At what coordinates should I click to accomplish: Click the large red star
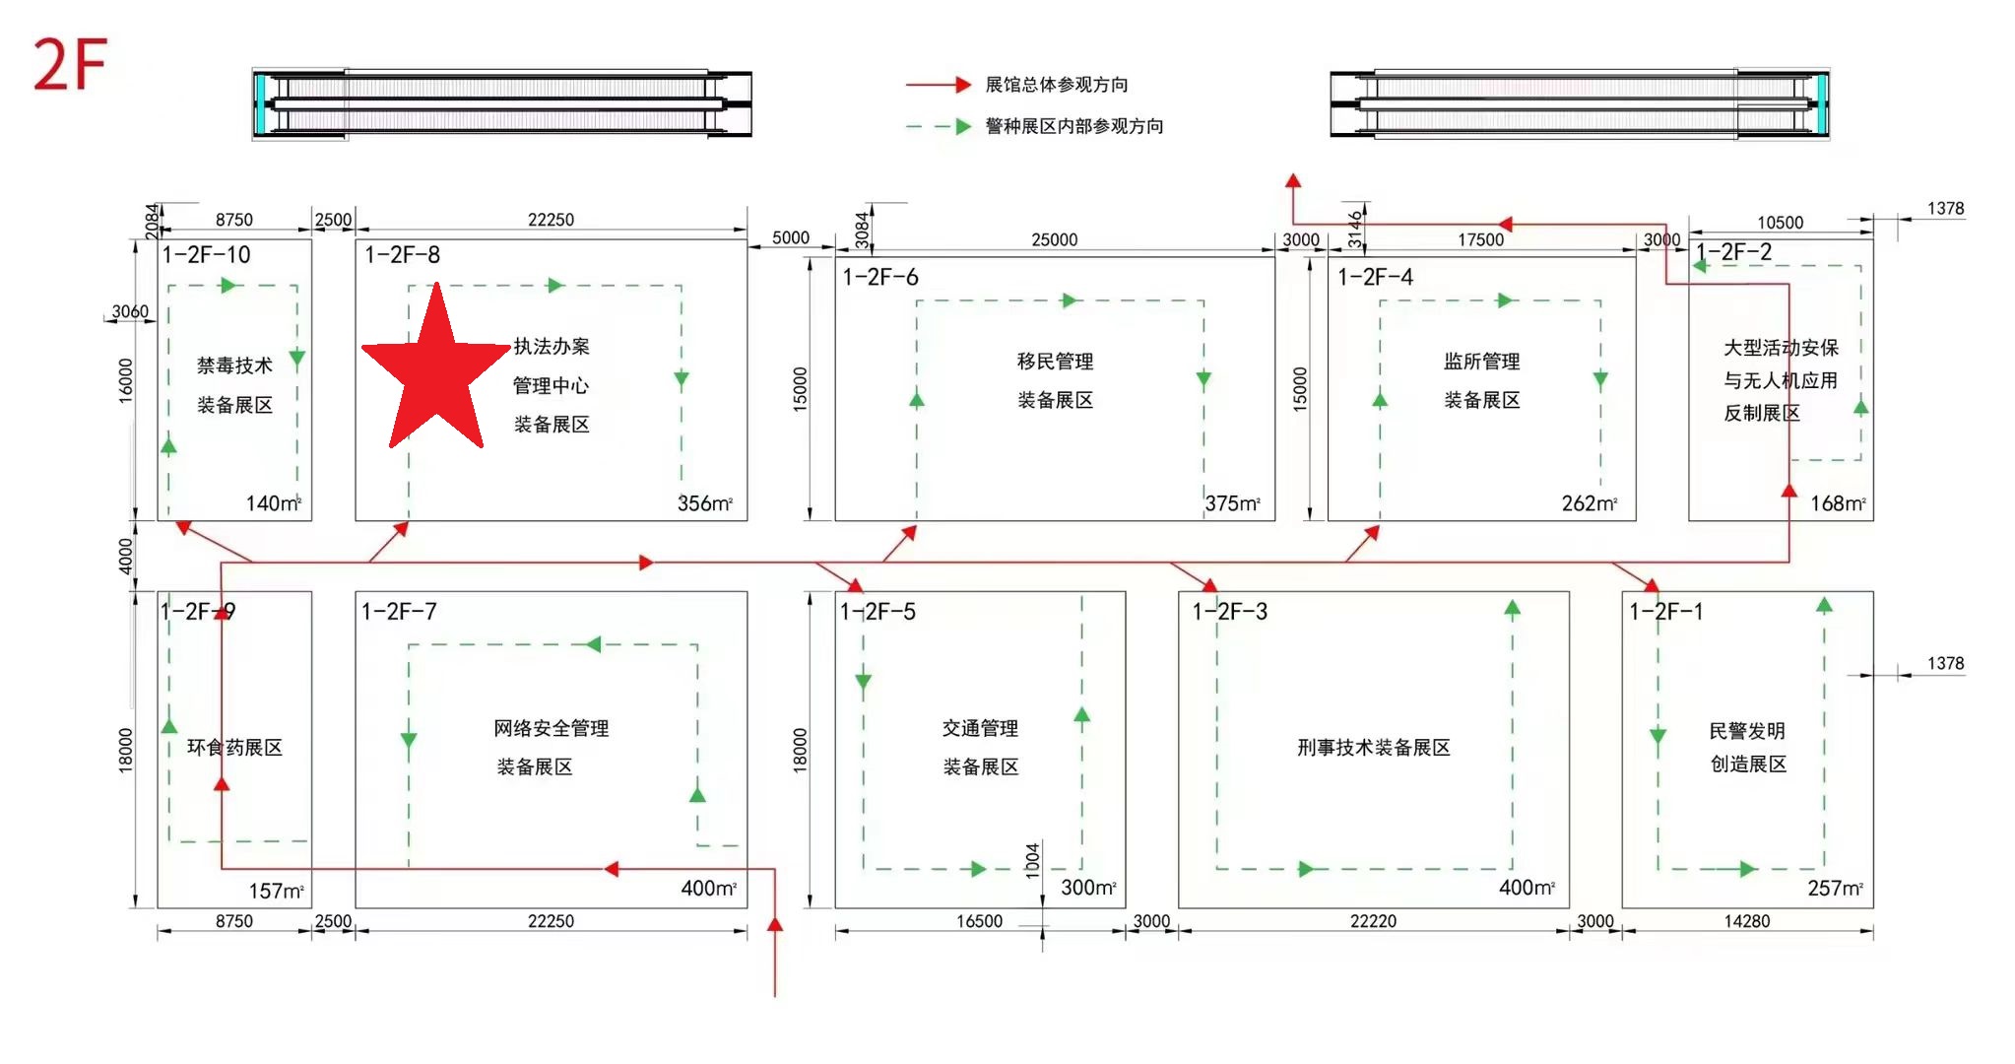[435, 369]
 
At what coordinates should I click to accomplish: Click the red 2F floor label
[69, 65]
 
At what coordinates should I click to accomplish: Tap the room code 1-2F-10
[206, 255]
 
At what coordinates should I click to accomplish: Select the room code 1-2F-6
[879, 278]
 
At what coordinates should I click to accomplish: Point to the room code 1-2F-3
[1229, 612]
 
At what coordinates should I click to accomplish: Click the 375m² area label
[1232, 503]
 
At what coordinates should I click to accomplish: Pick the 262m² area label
[1589, 503]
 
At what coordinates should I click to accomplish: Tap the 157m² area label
[276, 891]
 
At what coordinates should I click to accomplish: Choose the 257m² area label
[1835, 888]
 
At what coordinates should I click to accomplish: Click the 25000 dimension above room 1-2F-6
[1054, 239]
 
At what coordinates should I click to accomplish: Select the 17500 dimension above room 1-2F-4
[1480, 239]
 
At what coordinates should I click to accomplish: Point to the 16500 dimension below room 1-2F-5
[979, 921]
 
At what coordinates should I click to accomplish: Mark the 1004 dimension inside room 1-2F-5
[1032, 860]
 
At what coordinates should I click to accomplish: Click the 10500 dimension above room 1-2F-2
[1780, 223]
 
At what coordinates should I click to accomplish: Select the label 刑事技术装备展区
[1373, 748]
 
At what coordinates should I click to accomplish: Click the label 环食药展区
[234, 748]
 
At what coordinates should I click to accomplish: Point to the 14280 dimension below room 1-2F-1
[1746, 921]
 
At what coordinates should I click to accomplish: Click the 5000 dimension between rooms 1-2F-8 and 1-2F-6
[790, 237]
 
